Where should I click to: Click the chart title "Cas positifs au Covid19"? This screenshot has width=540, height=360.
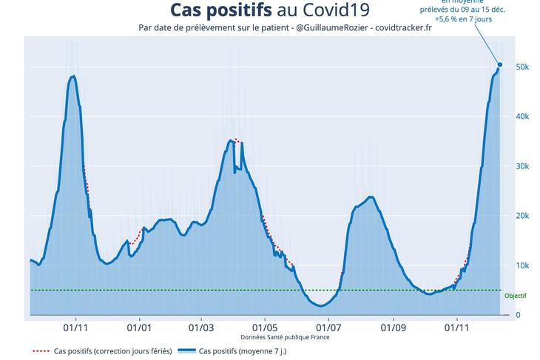(270, 10)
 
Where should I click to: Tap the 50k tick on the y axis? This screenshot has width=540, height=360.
(522, 67)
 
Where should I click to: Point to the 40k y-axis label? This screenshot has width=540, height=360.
(522, 117)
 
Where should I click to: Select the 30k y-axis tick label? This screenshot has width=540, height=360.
(522, 166)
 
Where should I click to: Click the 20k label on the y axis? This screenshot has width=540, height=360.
(522, 216)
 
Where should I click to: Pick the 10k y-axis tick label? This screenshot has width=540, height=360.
(522, 265)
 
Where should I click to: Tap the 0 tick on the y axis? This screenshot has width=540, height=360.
(518, 315)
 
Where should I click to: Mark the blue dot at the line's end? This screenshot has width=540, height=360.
(500, 65)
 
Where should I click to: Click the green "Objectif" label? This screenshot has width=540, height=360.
(515, 295)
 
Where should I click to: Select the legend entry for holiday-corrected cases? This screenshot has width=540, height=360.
(103, 350)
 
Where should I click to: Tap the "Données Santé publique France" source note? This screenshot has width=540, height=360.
(286, 337)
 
